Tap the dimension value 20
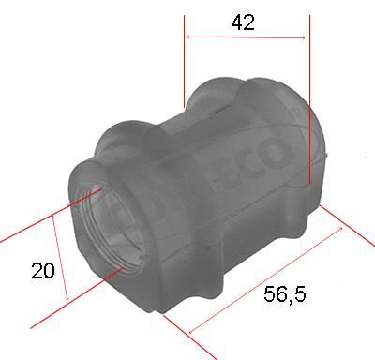point(41,271)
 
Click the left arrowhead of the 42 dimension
point(189,37)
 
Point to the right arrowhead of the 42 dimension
point(305,37)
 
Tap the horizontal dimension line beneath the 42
point(246,37)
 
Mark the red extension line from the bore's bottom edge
point(75,297)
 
